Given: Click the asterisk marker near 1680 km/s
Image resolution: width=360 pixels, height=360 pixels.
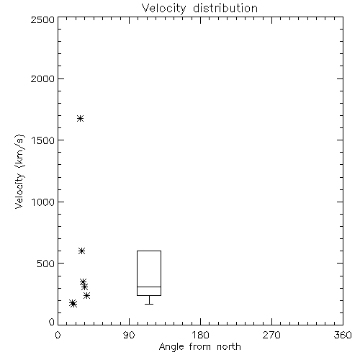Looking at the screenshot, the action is coord(80,118).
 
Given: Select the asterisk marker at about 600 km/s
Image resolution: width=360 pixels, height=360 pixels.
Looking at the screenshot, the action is coord(82,251).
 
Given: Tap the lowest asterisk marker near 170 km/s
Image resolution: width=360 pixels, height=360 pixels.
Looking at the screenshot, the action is coord(73,304).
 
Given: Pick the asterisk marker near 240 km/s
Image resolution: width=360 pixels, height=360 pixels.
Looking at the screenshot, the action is coord(86,295).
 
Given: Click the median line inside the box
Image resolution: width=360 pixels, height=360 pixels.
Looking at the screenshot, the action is coord(149,287).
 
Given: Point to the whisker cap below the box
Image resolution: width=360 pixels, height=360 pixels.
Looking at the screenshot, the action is coord(149,304).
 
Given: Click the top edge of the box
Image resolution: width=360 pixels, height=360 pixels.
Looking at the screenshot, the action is coord(149,251).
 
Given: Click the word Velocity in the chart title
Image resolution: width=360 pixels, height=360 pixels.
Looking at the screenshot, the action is coord(163,9).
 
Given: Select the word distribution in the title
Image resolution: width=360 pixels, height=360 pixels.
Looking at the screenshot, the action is coord(225,8).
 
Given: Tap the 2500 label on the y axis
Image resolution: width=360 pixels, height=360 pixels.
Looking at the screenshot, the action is coord(42,19).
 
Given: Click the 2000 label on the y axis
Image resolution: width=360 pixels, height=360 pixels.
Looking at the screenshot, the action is coord(42,78).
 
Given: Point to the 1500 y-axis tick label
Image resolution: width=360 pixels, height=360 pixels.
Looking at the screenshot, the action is coord(43,140).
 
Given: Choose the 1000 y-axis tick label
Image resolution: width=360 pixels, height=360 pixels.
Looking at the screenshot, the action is coord(43,202).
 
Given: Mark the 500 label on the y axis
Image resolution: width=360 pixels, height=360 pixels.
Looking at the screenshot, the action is coord(46,264).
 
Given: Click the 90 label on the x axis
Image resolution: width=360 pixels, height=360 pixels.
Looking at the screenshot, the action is coord(129,335).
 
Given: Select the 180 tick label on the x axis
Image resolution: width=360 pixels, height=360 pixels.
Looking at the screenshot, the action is coord(200,335).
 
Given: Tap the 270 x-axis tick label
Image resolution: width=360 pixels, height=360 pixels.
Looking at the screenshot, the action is coord(271,335).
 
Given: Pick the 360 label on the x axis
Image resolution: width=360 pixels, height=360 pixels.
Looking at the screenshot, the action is coord(343,335).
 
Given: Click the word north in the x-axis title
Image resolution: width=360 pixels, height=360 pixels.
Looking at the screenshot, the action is coord(229,347).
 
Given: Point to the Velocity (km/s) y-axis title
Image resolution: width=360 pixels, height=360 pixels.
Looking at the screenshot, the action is coord(19,171).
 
